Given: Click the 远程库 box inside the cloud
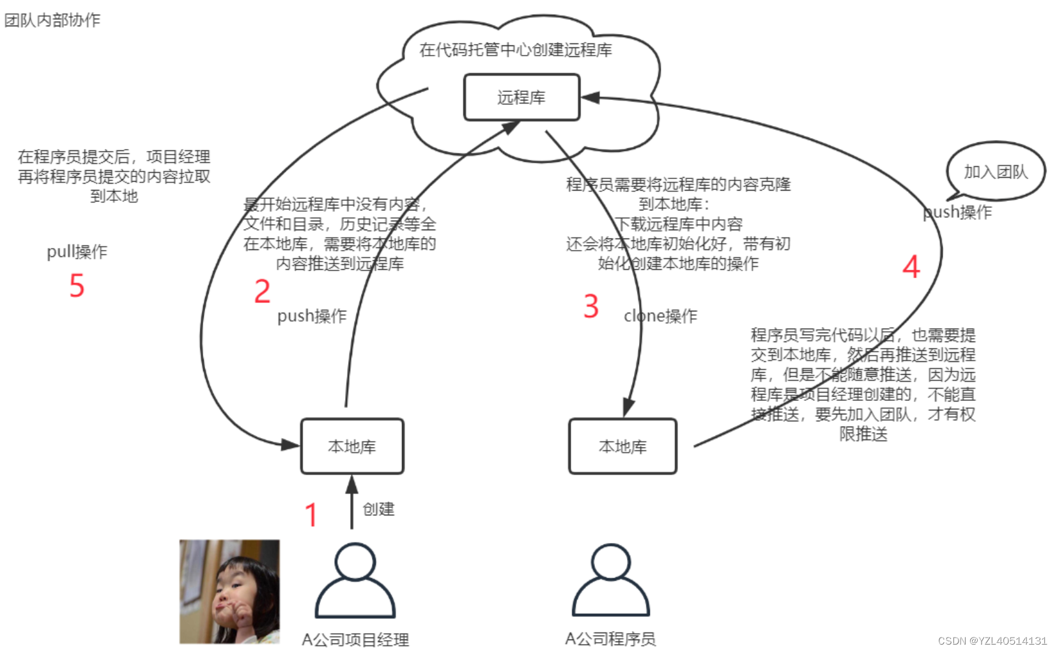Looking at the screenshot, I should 521,97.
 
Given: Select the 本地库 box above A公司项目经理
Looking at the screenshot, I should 352,446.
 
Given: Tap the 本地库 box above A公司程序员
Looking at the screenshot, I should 622,446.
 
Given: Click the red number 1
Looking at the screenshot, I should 311,515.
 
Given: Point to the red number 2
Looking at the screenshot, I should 262,292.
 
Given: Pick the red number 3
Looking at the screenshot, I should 591,306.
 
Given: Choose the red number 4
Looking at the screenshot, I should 911,267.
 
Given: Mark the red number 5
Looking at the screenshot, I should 77,285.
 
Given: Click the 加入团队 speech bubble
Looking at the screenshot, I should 996,171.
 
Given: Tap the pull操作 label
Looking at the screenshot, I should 77,251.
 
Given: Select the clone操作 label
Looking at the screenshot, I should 660,316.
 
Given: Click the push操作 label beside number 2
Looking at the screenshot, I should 312,316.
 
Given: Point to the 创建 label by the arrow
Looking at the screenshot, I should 378,509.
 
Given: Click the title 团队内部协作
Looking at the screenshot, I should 52,20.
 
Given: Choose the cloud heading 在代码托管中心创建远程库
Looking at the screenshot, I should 515,50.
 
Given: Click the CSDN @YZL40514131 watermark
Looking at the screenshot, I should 992,641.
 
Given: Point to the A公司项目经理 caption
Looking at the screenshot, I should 355,639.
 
